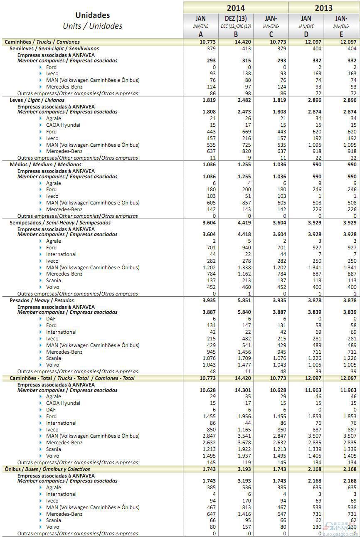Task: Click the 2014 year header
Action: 236,7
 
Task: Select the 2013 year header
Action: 324,7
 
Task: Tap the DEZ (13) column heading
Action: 236,19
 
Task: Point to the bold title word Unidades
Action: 92,15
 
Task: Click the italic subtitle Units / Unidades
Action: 92,26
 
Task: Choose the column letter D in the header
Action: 306,34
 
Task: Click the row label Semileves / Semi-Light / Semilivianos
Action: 54,49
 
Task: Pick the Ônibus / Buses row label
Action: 47,469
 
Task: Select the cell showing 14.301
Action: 243,390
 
